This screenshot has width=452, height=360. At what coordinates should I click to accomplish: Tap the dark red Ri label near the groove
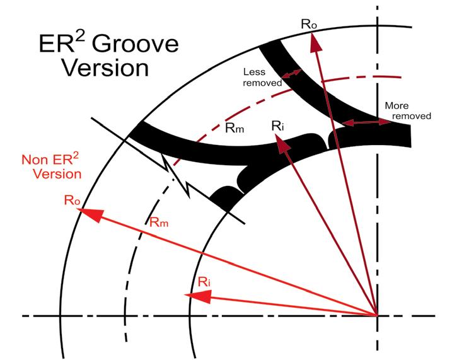(279, 126)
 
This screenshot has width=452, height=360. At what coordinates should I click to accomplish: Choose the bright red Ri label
(205, 281)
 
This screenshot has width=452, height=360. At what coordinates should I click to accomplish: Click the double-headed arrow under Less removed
(291, 76)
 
